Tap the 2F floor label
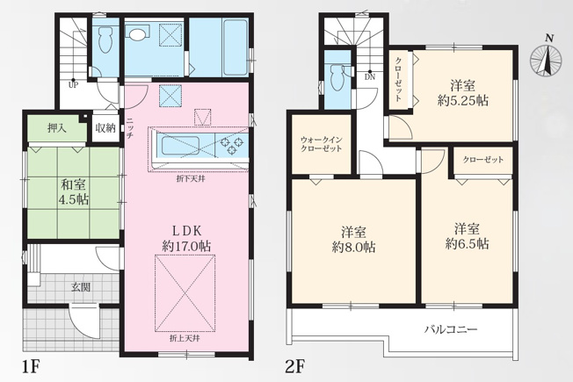(294, 367)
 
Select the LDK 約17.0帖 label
(186, 239)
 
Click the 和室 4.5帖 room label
(74, 192)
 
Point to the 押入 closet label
(57, 128)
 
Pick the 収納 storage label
(105, 128)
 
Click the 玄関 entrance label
(80, 287)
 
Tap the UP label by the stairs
(74, 86)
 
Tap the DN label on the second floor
(370, 77)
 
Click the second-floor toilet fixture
(336, 76)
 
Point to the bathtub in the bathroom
(234, 46)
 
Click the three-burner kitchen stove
(232, 145)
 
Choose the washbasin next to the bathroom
(137, 33)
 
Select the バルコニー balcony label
(451, 330)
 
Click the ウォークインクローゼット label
(322, 144)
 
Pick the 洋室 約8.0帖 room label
(353, 240)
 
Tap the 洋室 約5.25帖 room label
(462, 93)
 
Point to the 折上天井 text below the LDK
(185, 339)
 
